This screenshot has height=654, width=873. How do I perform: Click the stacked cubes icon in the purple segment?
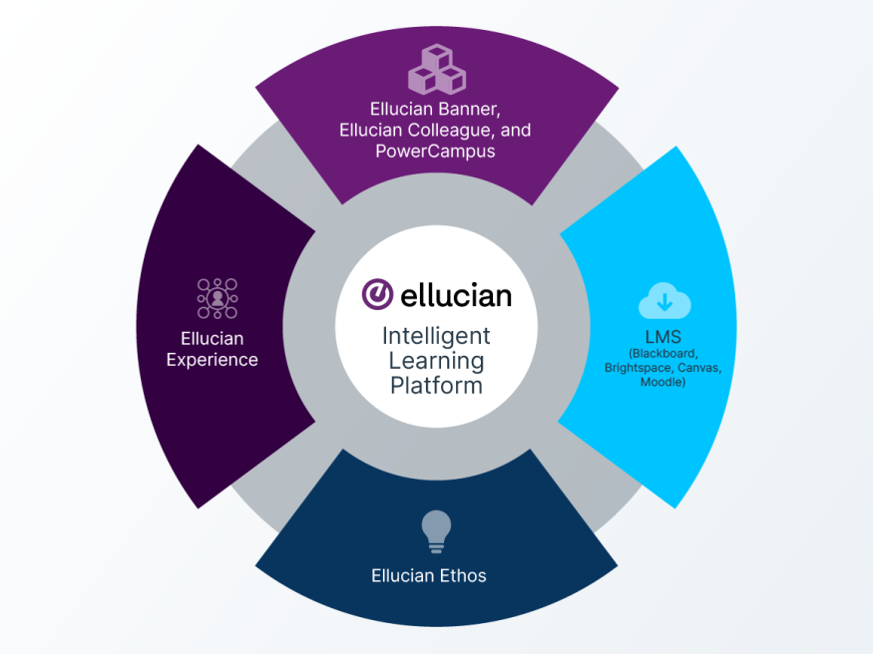pyautogui.click(x=436, y=69)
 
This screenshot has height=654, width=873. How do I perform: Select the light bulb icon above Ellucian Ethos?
pyautogui.click(x=435, y=530)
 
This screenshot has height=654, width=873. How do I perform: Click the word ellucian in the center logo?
pyautogui.click(x=456, y=295)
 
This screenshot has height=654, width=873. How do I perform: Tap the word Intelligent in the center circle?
pyautogui.click(x=437, y=336)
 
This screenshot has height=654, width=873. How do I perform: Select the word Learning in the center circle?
pyautogui.click(x=437, y=361)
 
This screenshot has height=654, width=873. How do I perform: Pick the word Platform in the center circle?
pyautogui.click(x=437, y=386)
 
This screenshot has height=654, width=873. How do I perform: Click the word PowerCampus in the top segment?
pyautogui.click(x=435, y=152)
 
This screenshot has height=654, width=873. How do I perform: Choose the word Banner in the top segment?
pyautogui.click(x=479, y=108)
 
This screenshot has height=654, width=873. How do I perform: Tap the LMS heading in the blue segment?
pyautogui.click(x=662, y=336)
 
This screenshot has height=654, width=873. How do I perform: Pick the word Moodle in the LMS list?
pyautogui.click(x=660, y=382)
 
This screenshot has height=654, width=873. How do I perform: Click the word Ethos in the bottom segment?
pyautogui.click(x=464, y=575)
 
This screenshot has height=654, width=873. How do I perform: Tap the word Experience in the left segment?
pyautogui.click(x=213, y=360)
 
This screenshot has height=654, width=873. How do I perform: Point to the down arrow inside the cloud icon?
pyautogui.click(x=663, y=301)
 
